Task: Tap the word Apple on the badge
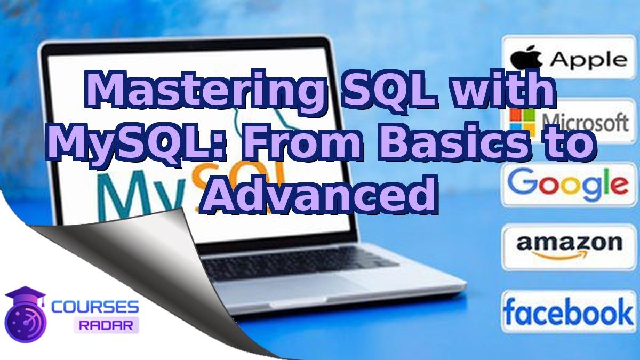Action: pos(588,60)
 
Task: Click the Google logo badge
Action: pos(567,183)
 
